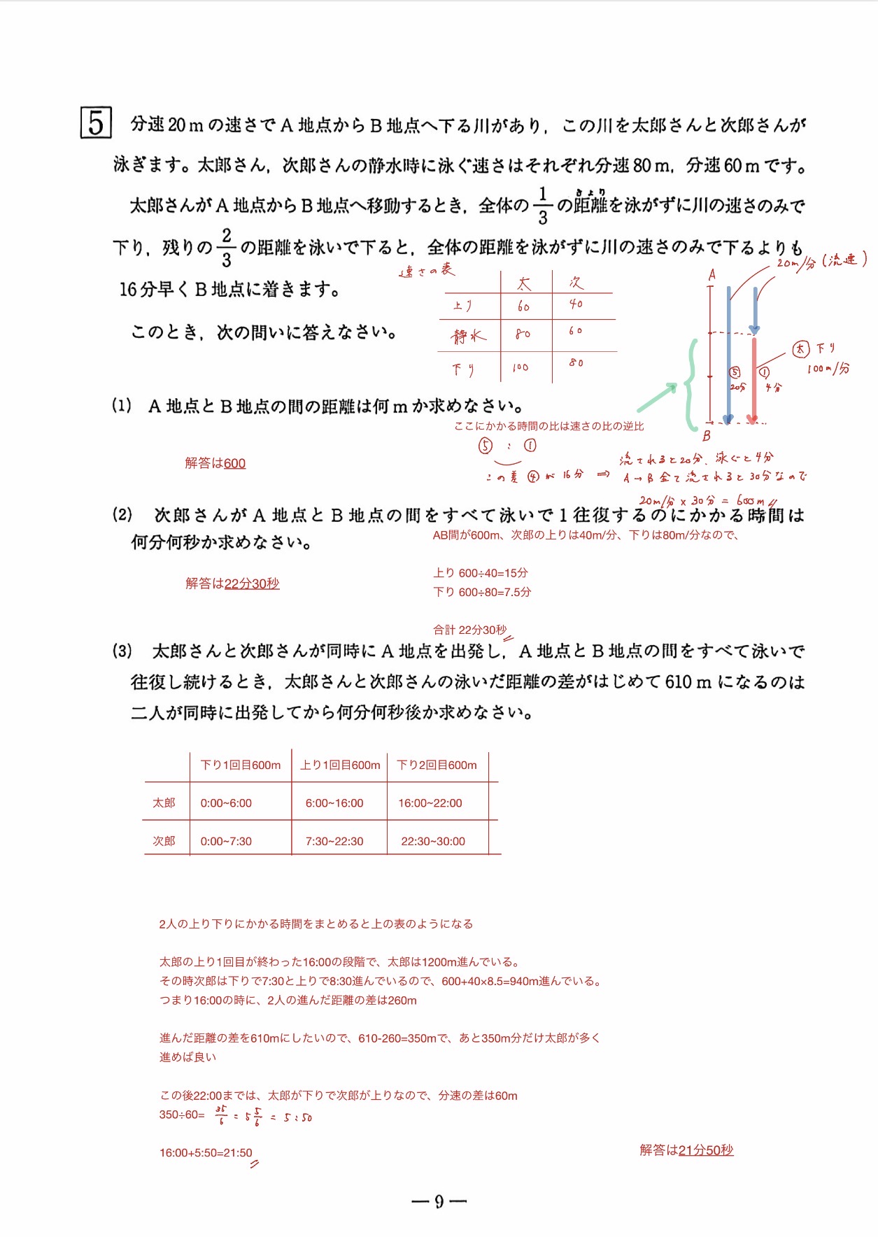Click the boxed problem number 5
[96, 124]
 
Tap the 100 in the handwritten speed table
[521, 367]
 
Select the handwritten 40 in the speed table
[576, 304]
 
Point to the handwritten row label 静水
[468, 337]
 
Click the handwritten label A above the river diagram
[712, 275]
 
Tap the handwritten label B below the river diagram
[707, 436]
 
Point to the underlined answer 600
[234, 463]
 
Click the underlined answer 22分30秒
[252, 584]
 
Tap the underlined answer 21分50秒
[706, 1150]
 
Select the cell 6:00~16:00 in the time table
[334, 803]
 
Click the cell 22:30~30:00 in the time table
[433, 841]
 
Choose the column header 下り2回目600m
[437, 765]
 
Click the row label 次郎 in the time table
[164, 841]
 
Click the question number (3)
[122, 651]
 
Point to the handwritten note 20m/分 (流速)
[821, 261]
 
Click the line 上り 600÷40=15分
[481, 573]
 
